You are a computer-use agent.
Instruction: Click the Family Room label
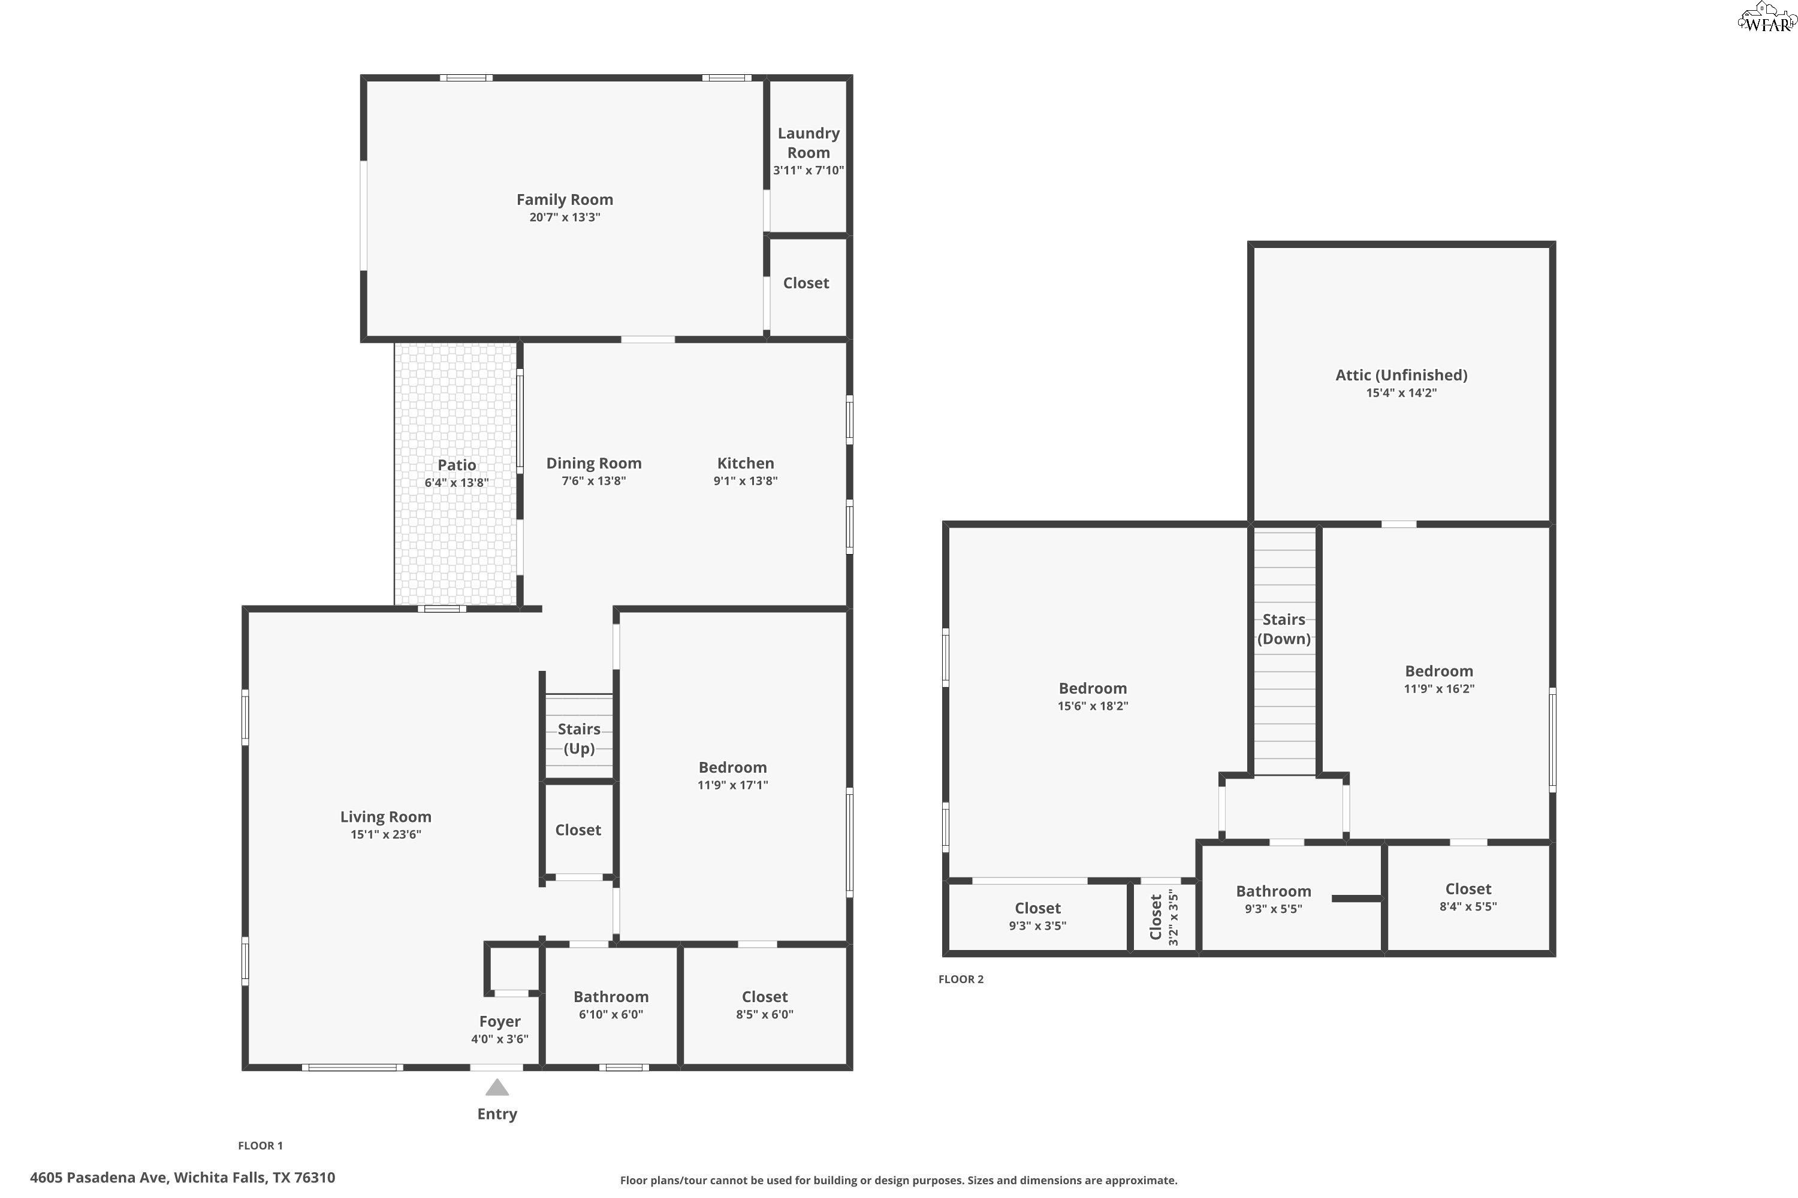tap(564, 199)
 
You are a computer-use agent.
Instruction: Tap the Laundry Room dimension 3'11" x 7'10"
tap(808, 170)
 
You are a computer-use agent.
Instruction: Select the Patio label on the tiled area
tap(456, 465)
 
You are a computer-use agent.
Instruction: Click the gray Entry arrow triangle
tap(497, 1087)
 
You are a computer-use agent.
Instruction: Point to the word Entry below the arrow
tap(497, 1114)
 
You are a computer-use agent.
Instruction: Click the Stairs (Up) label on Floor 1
tap(579, 738)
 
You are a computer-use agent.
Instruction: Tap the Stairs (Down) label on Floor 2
tap(1284, 629)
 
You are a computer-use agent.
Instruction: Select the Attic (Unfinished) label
tap(1401, 375)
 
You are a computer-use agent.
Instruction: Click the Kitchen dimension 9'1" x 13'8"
tap(746, 480)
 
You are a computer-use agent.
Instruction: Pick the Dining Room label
tap(593, 463)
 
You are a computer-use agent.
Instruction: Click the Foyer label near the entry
tap(499, 1021)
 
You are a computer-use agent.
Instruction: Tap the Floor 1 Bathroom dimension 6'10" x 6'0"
tap(610, 1015)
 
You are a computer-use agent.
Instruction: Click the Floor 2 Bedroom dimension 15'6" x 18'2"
tap(1093, 706)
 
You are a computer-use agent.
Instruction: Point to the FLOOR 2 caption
tap(960, 979)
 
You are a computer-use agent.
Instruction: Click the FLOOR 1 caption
tap(260, 1145)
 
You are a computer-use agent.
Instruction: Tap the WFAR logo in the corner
tap(1766, 19)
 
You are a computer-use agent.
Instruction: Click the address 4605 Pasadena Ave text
tap(182, 1178)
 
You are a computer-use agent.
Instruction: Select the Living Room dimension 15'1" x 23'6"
tap(385, 834)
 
